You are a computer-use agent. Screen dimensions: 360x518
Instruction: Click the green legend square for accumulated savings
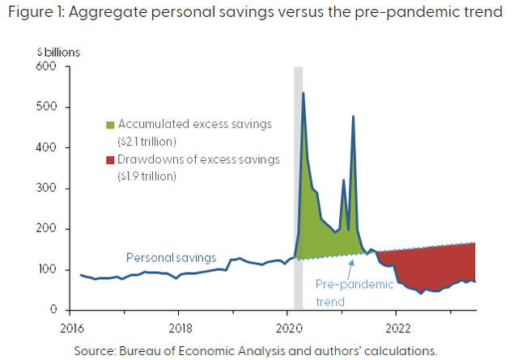109,125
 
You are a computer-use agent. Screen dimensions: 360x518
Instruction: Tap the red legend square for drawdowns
109,160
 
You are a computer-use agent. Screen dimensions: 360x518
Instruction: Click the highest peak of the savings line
303,93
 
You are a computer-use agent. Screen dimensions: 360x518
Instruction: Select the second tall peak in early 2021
353,117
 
